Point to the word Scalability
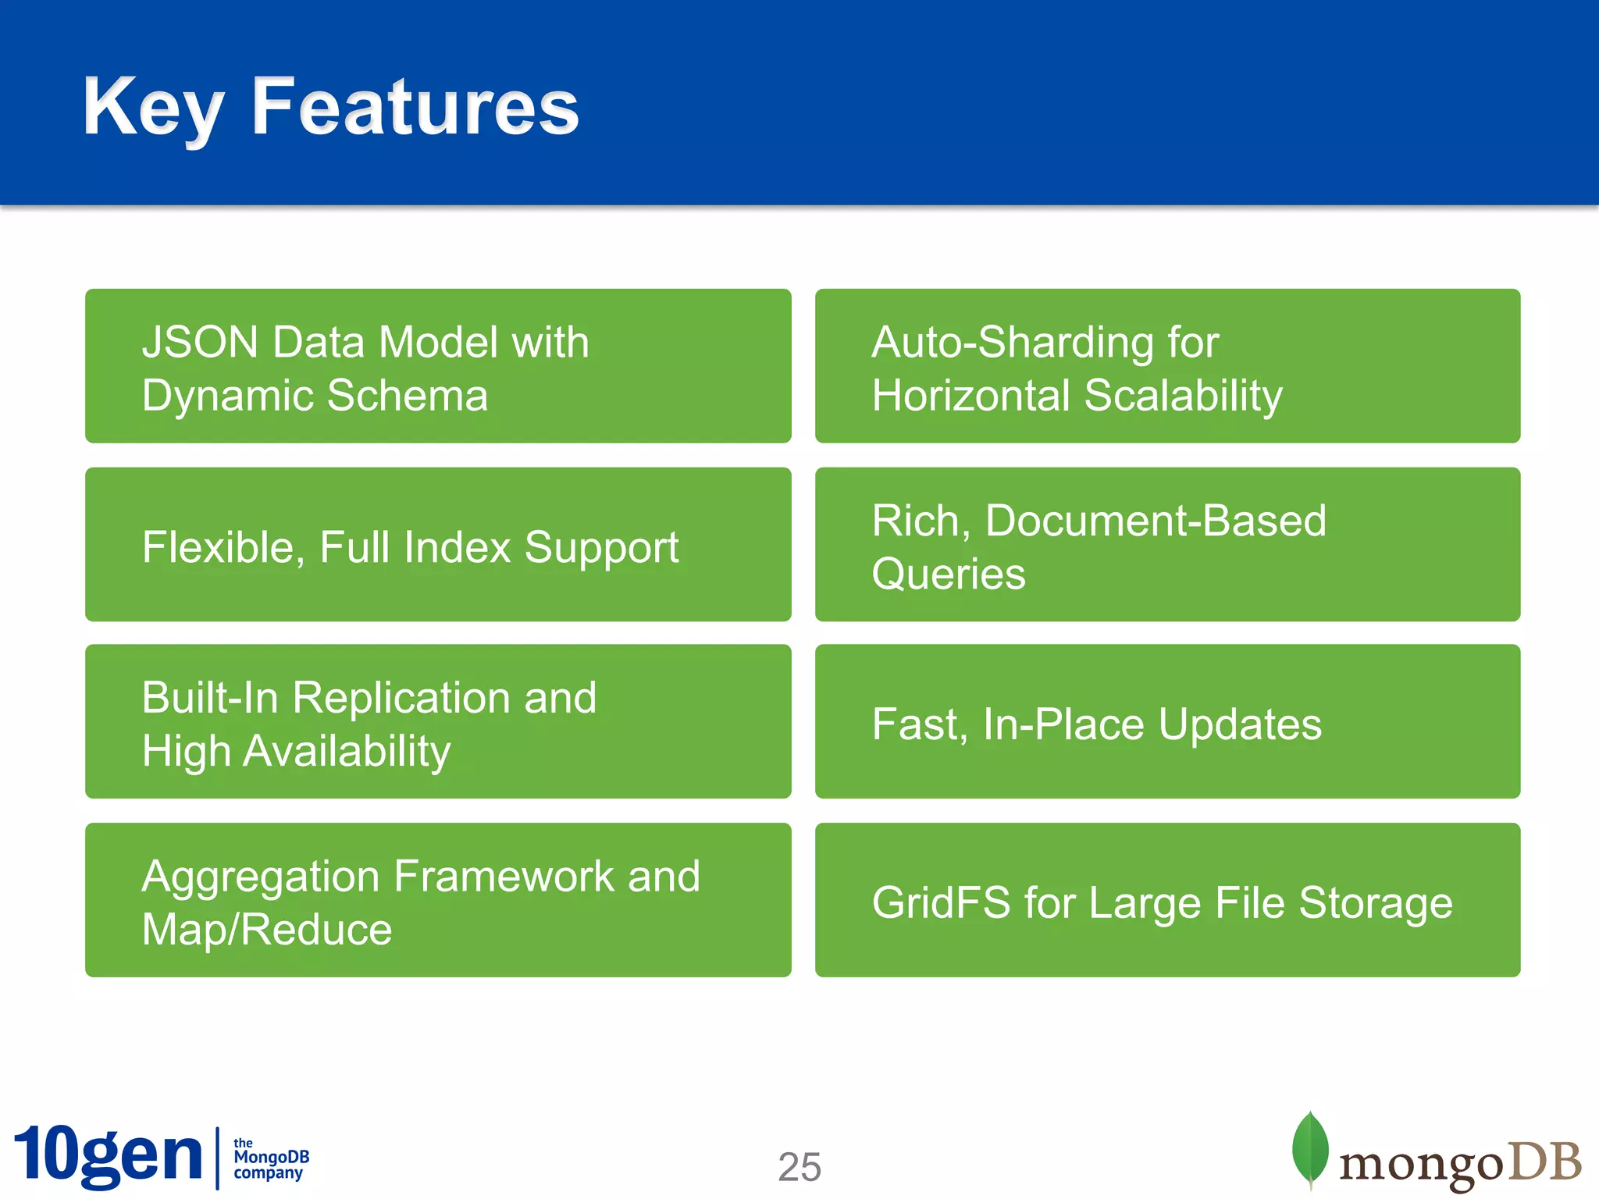(1183, 395)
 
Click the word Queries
(948, 575)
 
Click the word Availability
(347, 751)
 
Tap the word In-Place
(1063, 724)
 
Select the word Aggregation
(261, 876)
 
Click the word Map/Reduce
(266, 929)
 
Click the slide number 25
(799, 1167)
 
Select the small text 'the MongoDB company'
(270, 1158)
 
